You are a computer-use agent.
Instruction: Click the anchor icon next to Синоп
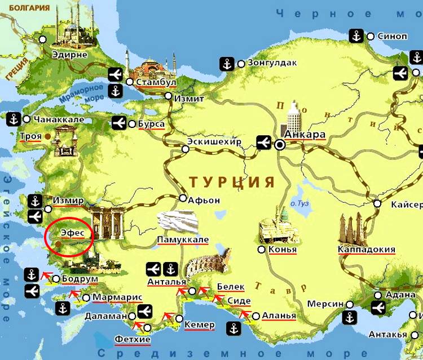coord(356,36)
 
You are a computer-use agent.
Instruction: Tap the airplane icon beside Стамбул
coord(115,74)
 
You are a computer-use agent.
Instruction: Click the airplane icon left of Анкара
coord(263,143)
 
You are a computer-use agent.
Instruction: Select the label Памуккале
coord(183,239)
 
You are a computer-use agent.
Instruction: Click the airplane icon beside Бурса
coord(119,123)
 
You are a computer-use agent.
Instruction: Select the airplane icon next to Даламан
coord(144,310)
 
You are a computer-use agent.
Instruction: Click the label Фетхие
coord(132,339)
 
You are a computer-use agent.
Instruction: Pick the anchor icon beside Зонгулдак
coord(227,64)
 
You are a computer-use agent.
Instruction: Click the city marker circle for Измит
coord(169,96)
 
